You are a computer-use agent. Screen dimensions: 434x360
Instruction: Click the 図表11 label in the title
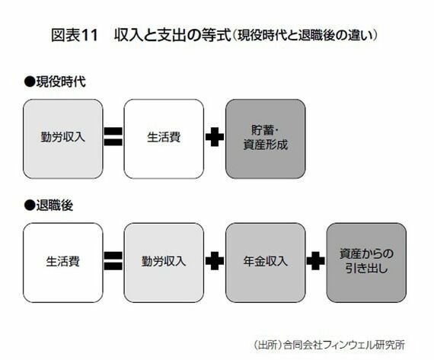click(x=75, y=36)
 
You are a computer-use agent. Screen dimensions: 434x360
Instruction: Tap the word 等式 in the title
click(x=216, y=36)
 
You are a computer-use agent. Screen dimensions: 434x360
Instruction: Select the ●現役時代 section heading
click(x=55, y=81)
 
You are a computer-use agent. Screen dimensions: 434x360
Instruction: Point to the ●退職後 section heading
click(x=49, y=205)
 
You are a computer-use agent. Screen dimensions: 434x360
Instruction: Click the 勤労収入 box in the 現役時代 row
click(x=63, y=139)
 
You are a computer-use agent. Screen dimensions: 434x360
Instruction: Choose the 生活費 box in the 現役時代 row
click(x=164, y=139)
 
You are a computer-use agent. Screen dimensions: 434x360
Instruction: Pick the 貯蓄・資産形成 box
click(x=266, y=139)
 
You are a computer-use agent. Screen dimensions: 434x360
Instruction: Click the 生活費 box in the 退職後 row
click(x=63, y=263)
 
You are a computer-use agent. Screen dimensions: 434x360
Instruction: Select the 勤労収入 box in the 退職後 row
click(x=164, y=263)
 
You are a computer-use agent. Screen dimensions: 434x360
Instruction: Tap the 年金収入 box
click(x=266, y=263)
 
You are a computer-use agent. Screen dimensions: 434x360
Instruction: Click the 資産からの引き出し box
click(x=366, y=263)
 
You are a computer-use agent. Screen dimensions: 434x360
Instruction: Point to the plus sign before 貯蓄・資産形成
click(x=215, y=137)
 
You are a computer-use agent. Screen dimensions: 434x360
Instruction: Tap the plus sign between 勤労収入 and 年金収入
click(x=215, y=260)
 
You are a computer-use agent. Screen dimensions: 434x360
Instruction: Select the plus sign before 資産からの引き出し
click(x=316, y=260)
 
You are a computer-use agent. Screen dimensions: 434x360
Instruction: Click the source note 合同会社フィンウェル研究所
click(x=344, y=345)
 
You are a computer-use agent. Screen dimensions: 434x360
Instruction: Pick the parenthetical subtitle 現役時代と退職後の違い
click(x=305, y=36)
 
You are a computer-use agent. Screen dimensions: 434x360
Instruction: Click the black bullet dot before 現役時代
click(x=30, y=82)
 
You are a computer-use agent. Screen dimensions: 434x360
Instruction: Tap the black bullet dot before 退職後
click(x=30, y=205)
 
